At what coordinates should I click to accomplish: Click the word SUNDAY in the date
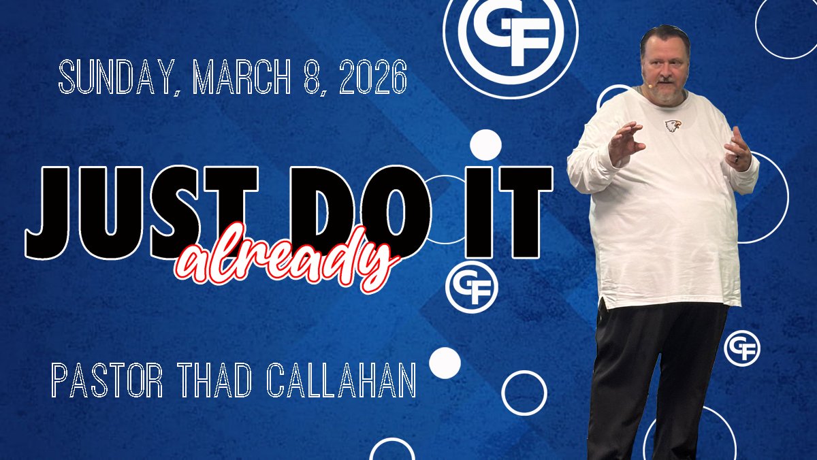[x=116, y=78]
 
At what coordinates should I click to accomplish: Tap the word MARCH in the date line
[x=241, y=77]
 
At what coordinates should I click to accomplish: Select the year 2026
[x=373, y=77]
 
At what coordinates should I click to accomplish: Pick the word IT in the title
[x=509, y=212]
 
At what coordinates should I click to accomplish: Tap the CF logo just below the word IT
[x=472, y=288]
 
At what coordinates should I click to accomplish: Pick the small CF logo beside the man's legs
[x=742, y=348]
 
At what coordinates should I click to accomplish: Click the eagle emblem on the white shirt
[x=673, y=125]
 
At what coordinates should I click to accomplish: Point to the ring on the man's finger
[x=737, y=159]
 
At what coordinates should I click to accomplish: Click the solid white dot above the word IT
[x=485, y=145]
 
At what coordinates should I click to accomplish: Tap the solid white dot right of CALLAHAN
[x=445, y=363]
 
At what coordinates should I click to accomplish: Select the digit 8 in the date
[x=312, y=77]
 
